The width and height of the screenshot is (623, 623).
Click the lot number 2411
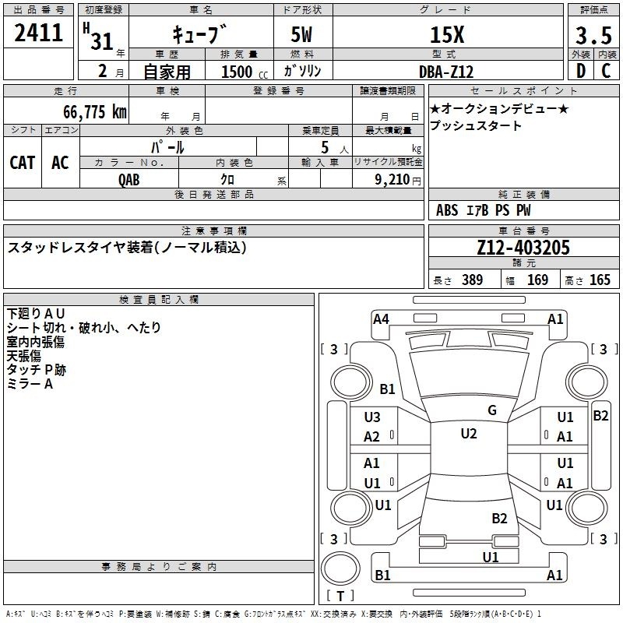pyautogui.click(x=38, y=32)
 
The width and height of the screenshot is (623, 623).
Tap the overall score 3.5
pyautogui.click(x=593, y=35)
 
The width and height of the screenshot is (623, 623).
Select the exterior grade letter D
pyautogui.click(x=581, y=71)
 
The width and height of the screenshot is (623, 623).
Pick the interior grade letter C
pyautogui.click(x=606, y=71)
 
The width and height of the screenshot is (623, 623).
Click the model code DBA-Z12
pyautogui.click(x=446, y=72)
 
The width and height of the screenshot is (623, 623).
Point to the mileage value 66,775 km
pyautogui.click(x=95, y=111)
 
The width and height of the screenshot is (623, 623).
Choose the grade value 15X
pyautogui.click(x=447, y=34)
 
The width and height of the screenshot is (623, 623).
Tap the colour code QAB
pyautogui.click(x=129, y=180)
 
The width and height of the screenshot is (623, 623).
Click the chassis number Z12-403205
pyautogui.click(x=523, y=248)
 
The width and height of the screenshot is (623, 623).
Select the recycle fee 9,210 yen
pyautogui.click(x=398, y=180)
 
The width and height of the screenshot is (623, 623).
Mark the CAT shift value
pyautogui.click(x=23, y=163)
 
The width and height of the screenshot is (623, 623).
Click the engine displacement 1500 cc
pyautogui.click(x=245, y=72)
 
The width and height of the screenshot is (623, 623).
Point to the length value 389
pyautogui.click(x=473, y=280)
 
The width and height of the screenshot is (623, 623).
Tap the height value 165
pyautogui.click(x=600, y=280)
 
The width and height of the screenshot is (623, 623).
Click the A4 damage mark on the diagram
pyautogui.click(x=381, y=319)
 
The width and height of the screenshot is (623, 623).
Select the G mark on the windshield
pyautogui.click(x=492, y=410)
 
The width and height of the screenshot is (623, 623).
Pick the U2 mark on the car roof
pyautogui.click(x=469, y=434)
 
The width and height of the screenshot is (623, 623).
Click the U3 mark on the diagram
pyautogui.click(x=372, y=417)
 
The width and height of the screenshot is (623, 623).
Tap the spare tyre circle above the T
pyautogui.click(x=340, y=568)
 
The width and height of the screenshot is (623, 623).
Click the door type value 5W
pyautogui.click(x=301, y=34)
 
